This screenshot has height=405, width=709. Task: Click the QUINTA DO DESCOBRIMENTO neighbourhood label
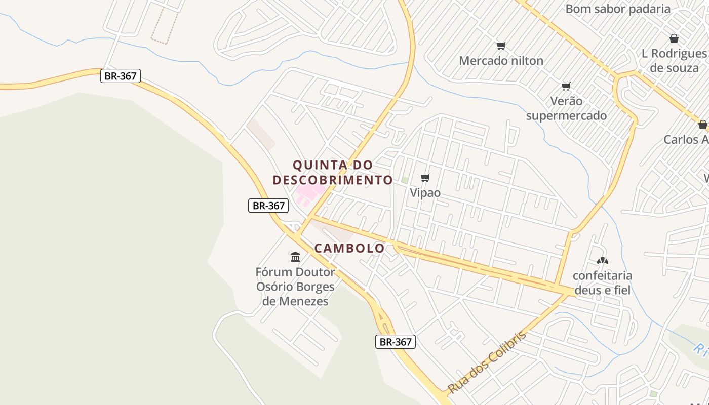click(333, 172)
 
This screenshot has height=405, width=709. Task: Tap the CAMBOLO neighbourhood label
click(349, 248)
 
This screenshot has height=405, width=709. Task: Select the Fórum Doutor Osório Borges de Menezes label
click(295, 287)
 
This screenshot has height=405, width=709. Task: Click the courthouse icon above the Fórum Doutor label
click(295, 257)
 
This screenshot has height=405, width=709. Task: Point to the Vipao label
click(425, 193)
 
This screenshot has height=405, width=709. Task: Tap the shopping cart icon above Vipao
click(425, 178)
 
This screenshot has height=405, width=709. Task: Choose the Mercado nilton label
click(501, 61)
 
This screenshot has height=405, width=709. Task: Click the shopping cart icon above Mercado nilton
click(501, 46)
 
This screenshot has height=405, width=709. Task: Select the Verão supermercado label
click(566, 108)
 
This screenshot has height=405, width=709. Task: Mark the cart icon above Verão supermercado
click(566, 86)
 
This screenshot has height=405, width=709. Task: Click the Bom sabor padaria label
click(618, 9)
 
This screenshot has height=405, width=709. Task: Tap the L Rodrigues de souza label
click(674, 60)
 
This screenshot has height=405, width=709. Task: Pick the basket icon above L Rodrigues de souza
click(674, 38)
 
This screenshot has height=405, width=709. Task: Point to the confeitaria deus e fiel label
click(602, 282)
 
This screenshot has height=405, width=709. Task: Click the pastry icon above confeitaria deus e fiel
click(602, 261)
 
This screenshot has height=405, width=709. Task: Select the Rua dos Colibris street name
click(487, 361)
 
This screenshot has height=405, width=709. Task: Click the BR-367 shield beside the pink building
click(268, 206)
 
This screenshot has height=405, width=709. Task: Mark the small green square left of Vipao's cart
click(405, 180)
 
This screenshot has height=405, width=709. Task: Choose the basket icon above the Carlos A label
click(702, 125)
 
